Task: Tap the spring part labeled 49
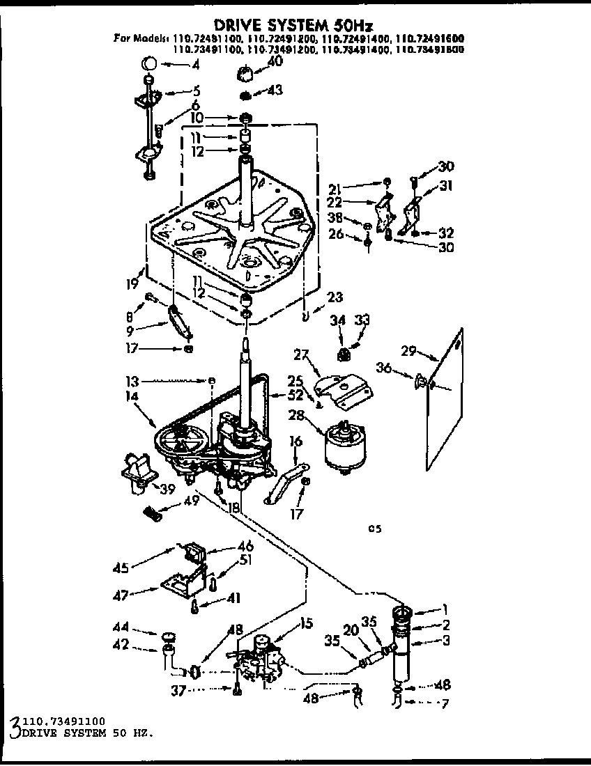point(152,514)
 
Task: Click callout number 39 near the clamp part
point(167,490)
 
